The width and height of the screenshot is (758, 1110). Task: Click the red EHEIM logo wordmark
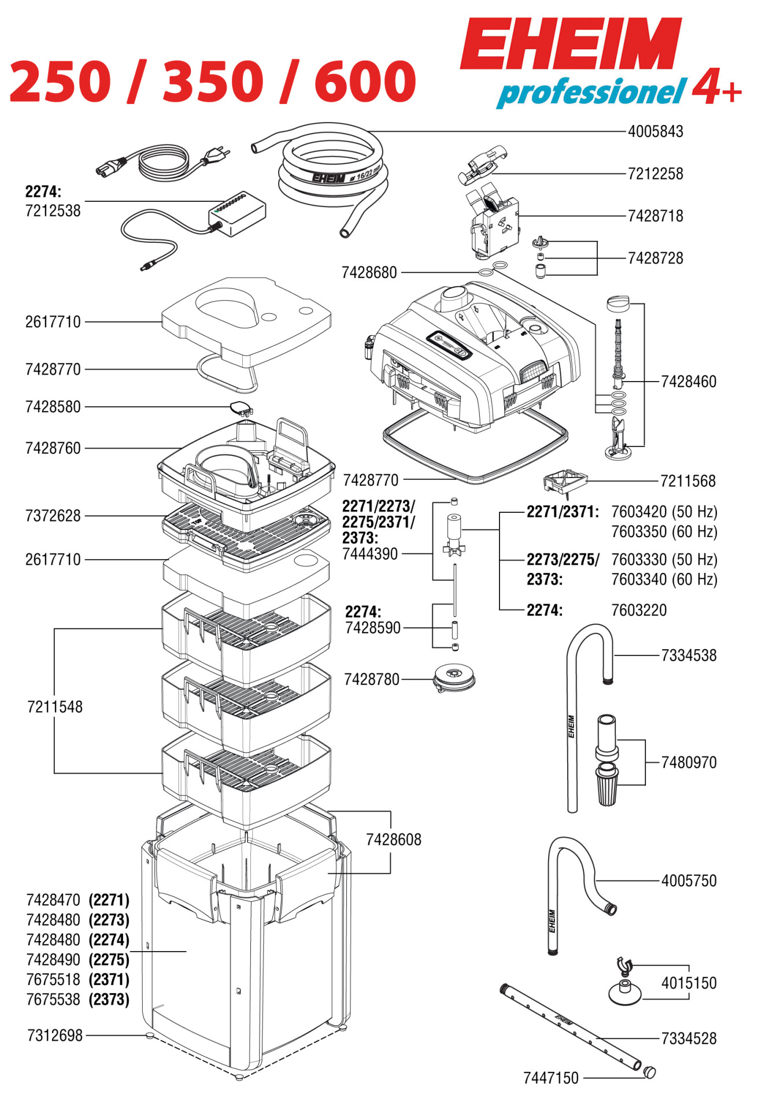[571, 44]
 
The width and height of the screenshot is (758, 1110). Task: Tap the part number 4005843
[655, 132]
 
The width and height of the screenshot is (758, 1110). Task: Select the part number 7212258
[655, 174]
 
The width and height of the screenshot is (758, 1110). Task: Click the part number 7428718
[655, 216]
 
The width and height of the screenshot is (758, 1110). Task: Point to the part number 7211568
[687, 481]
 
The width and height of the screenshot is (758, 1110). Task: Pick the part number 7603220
[639, 610]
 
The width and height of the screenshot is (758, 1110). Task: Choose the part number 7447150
[550, 1078]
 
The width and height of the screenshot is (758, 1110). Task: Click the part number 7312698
[55, 1035]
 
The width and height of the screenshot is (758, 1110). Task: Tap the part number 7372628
[53, 516]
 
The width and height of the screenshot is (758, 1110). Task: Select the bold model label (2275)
[109, 960]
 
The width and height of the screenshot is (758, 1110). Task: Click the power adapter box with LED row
[236, 212]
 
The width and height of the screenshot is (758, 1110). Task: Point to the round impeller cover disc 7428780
[454, 678]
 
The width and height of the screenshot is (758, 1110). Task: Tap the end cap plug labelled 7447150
[650, 1073]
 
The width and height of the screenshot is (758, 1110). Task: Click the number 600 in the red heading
[365, 81]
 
